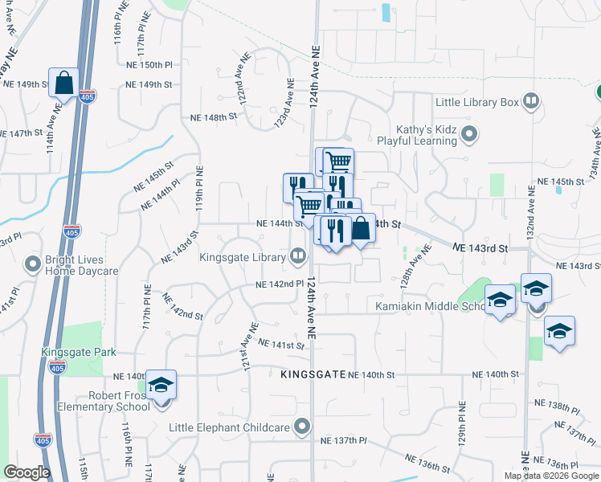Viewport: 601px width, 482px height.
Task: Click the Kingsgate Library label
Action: click(243, 257)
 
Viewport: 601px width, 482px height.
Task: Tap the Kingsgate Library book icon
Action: click(298, 256)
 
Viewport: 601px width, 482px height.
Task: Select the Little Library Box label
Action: click(477, 102)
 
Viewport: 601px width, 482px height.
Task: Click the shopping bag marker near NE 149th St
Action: click(64, 82)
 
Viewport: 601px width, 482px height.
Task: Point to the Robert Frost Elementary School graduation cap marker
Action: click(161, 386)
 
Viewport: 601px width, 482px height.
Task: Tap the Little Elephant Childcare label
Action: click(231, 426)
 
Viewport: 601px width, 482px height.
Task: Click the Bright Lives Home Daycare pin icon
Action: click(33, 263)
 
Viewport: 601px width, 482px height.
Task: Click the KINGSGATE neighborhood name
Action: click(313, 375)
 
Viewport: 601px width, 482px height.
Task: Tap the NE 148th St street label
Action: click(214, 116)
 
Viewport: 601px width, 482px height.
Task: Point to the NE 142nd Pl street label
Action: click(280, 284)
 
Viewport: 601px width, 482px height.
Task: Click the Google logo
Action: click(27, 472)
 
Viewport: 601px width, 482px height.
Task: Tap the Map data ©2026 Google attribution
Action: click(551, 476)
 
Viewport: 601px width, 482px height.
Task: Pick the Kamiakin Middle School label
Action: click(431, 306)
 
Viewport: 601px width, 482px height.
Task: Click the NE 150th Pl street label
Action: click(149, 64)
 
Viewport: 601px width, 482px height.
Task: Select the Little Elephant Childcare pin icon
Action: click(302, 426)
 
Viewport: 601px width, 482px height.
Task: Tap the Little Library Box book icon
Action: click(530, 101)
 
